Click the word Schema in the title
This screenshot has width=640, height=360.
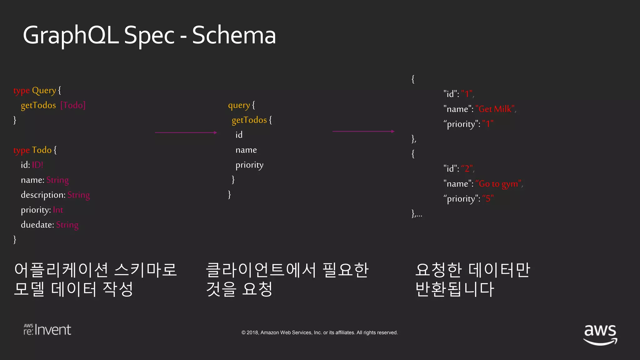234,35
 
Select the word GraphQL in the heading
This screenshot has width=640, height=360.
71,35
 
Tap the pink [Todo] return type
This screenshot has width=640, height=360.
73,105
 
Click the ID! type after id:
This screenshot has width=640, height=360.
37,165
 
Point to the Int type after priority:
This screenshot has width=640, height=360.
58,210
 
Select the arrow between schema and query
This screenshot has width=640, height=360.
186,132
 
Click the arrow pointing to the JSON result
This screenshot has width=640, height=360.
363,131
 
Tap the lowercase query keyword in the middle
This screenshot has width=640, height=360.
239,105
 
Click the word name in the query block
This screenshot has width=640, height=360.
246,150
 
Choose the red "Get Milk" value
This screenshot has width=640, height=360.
495,109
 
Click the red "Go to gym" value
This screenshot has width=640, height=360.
498,184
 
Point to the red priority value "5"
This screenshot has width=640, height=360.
488,199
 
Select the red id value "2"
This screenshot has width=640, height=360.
467,169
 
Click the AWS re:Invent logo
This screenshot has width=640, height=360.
47,330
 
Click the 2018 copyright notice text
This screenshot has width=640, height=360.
319,332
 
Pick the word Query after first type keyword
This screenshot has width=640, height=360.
44,90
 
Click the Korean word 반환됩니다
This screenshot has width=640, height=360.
455,289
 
